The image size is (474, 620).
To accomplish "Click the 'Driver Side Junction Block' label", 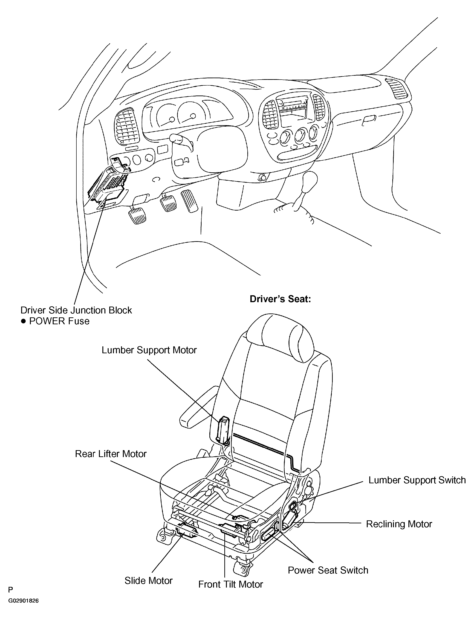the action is click(76, 310).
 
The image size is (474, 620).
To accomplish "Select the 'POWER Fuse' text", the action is click(59, 321).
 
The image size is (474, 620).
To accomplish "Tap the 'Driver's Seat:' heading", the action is click(280, 299).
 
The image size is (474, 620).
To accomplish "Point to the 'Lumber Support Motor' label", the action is click(149, 350).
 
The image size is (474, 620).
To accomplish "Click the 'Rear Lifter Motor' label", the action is click(111, 454).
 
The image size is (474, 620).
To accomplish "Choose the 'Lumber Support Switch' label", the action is click(417, 480).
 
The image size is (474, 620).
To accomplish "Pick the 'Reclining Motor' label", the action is click(399, 524).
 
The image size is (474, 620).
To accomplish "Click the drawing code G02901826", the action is click(23, 609).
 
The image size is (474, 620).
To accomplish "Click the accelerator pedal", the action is click(189, 202).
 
